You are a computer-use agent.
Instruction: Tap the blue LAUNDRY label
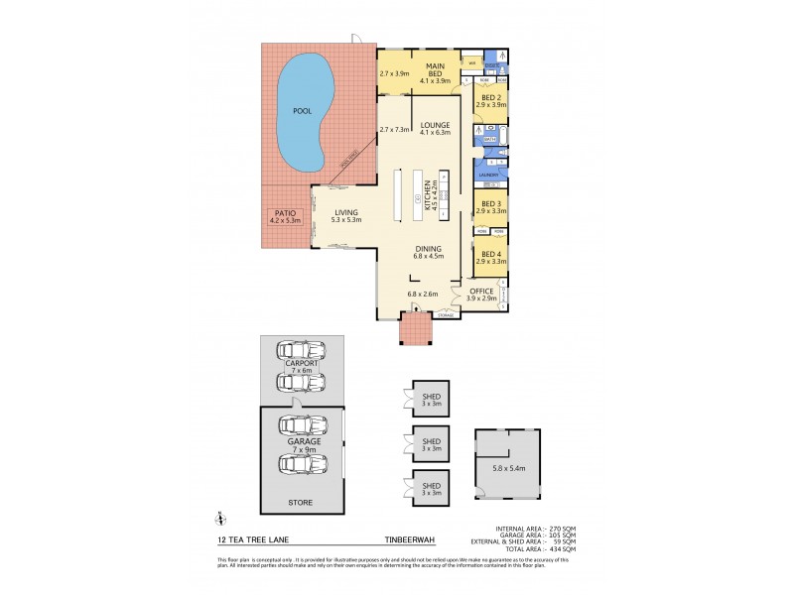click(488, 175)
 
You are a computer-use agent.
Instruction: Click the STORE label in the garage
click(300, 503)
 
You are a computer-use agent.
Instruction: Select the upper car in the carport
click(303, 350)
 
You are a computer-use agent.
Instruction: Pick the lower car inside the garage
click(303, 463)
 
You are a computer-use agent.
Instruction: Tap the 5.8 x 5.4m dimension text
click(508, 467)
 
